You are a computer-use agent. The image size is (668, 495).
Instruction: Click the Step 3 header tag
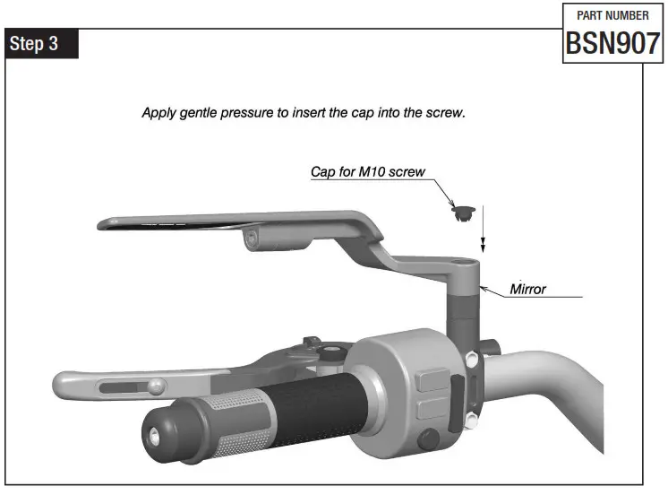(x=42, y=44)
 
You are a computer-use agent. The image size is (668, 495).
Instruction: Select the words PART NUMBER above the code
(x=612, y=15)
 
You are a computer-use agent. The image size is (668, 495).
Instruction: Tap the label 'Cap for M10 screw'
(x=367, y=171)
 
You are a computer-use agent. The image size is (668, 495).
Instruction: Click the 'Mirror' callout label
(x=528, y=290)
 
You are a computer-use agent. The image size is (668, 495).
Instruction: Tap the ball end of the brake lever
(x=156, y=387)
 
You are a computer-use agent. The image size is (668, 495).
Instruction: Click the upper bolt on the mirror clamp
(x=470, y=360)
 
